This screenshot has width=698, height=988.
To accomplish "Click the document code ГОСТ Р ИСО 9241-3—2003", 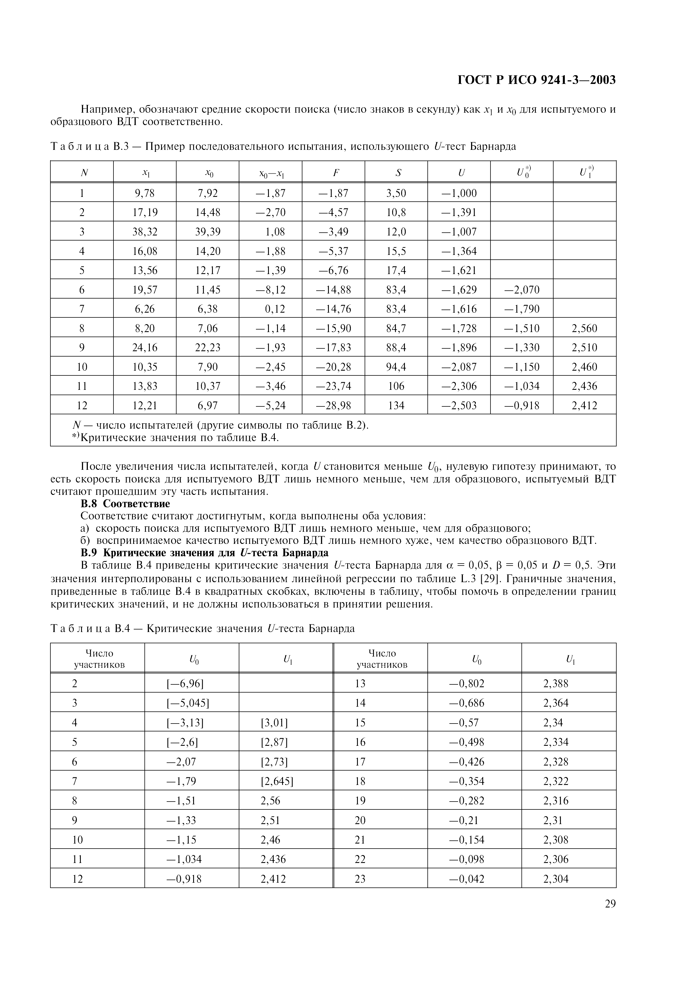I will (537, 80).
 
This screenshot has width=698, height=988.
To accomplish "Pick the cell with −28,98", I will (334, 405).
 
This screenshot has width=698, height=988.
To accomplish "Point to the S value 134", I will (396, 405).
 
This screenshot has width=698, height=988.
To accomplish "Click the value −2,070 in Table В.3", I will (522, 290).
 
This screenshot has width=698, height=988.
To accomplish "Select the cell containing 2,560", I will (585, 328).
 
